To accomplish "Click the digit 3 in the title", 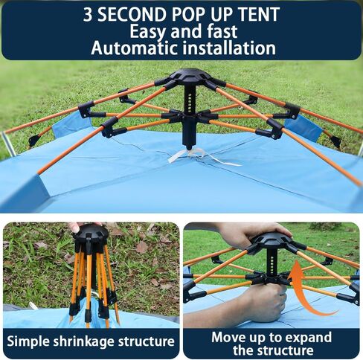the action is pos(88,14).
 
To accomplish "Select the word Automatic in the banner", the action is pos(134,48).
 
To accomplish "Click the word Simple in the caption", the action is pos(28,341).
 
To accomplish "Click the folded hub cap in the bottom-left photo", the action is pos(91,234).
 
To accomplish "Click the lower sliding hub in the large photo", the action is pos(190,115).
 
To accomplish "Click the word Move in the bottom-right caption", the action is pos(228,337).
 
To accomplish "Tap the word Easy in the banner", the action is pos(148,32).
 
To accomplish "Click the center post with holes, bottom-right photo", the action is pos(272,263).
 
